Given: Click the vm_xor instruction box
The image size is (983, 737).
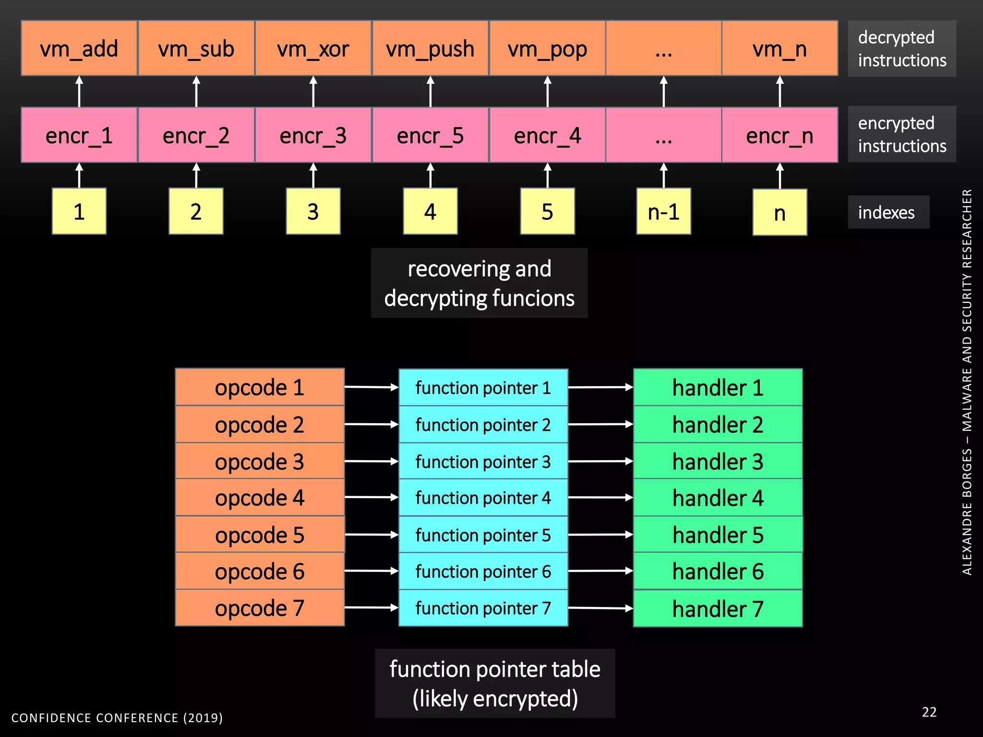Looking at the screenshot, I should coord(313,48).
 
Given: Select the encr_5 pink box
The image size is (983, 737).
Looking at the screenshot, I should coord(430,135).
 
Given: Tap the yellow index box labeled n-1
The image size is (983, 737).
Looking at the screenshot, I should coord(663,212).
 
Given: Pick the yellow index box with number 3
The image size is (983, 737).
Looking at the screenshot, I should coord(313,212).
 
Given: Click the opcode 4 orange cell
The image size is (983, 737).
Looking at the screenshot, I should coord(260,498).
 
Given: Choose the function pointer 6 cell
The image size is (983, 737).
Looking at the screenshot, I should coord(483,571).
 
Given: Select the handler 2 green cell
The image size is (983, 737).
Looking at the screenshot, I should coord(718,425).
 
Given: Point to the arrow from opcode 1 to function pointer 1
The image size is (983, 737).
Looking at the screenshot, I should coord(371,387).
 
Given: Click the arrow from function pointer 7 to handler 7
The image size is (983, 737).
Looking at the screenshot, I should coord(600,608).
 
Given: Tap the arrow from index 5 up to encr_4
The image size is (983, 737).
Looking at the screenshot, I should coord(548,176).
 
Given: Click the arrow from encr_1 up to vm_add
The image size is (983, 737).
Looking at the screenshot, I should coord(79,91).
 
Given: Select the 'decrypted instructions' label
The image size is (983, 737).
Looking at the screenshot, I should coord(901,48).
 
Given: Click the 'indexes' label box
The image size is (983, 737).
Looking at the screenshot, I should coord(887,212).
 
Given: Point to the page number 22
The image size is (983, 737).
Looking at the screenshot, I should coord(929,712).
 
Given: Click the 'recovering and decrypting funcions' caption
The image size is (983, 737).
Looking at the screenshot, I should coord(479,283).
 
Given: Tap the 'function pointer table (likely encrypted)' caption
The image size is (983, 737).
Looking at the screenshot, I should coord(494,683).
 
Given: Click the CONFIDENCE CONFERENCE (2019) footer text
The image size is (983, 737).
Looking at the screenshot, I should coord(117,718).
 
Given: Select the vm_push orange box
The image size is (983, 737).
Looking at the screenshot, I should coord(430,48).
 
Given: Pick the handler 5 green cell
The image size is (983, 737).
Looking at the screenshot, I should coord(718,535).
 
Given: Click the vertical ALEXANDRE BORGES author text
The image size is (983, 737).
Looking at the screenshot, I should coord(967,382).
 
